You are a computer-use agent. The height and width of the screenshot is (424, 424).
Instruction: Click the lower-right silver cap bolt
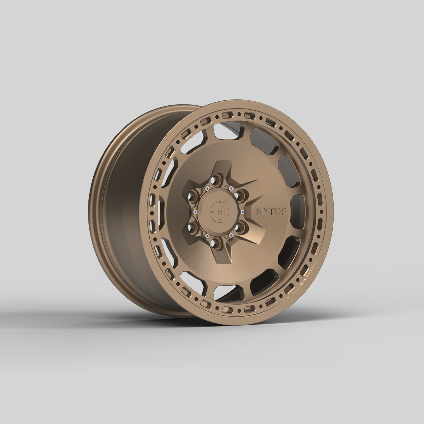[231, 235]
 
